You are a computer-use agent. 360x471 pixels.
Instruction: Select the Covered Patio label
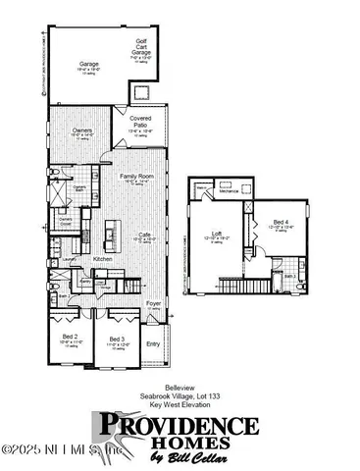pyautogui.click(x=139, y=120)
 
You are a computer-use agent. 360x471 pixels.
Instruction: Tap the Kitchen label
pyautogui.click(x=102, y=259)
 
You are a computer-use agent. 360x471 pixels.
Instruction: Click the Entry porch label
pyautogui.click(x=153, y=344)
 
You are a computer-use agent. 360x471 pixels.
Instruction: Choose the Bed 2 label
pyautogui.click(x=69, y=337)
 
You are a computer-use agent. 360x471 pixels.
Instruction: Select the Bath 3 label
pyautogui.click(x=289, y=278)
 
